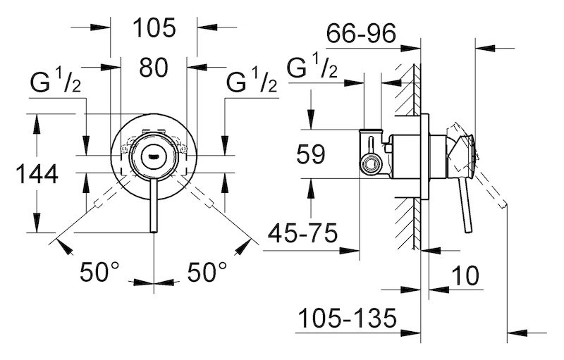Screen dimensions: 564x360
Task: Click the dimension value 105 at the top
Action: click(154, 27)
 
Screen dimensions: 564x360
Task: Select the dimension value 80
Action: click(154, 67)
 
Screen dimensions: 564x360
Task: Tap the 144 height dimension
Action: click(37, 174)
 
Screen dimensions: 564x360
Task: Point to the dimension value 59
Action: click(311, 154)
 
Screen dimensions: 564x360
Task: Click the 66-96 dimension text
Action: click(361, 33)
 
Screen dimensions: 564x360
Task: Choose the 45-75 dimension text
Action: click(303, 232)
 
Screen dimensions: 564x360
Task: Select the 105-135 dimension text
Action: click(348, 318)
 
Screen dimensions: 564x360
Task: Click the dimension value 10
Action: click(465, 275)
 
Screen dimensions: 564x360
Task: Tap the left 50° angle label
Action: click(99, 272)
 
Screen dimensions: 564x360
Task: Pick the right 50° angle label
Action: click(207, 272)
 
